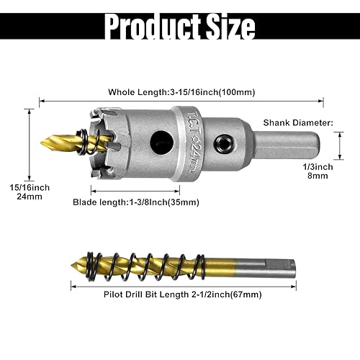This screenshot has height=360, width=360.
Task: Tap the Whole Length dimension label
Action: tap(181, 91)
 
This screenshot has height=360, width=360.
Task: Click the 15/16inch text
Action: tap(30, 187)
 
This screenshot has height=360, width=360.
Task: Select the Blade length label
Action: tap(136, 202)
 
